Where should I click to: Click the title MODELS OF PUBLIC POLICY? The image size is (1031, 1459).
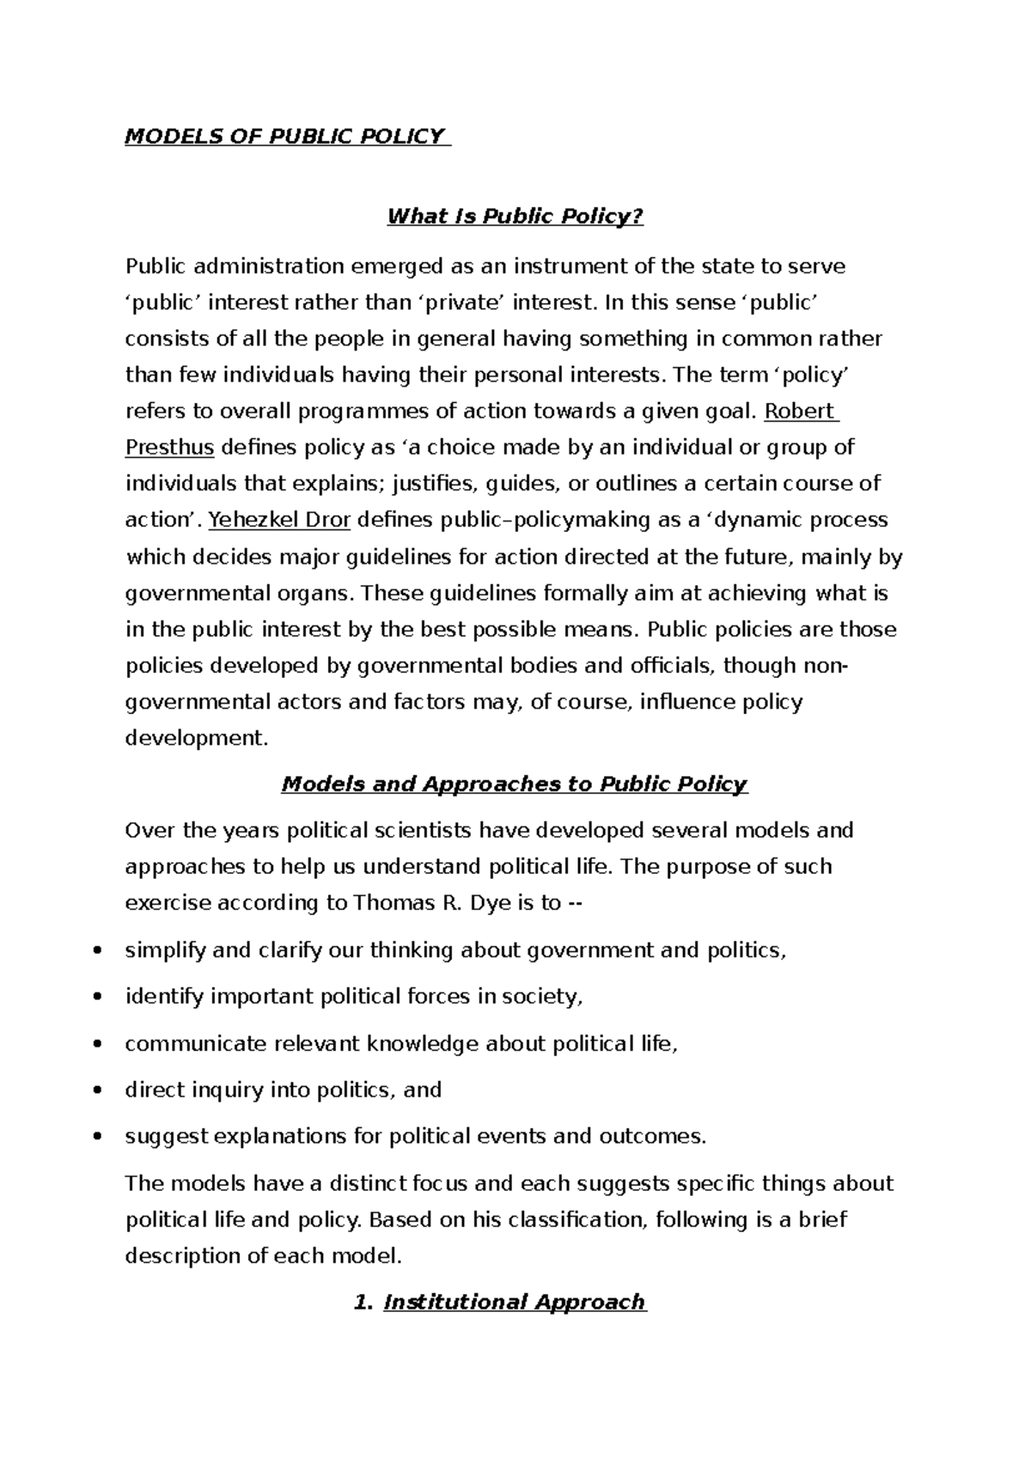tap(286, 137)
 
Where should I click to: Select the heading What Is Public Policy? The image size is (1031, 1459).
tap(515, 217)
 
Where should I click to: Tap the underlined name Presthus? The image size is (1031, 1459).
tap(169, 448)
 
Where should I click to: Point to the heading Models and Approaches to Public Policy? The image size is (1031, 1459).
tap(515, 784)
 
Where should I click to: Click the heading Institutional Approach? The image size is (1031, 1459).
tap(514, 1303)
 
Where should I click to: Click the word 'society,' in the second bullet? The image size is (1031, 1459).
tap(542, 998)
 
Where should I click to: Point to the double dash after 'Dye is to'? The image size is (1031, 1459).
tap(577, 904)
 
